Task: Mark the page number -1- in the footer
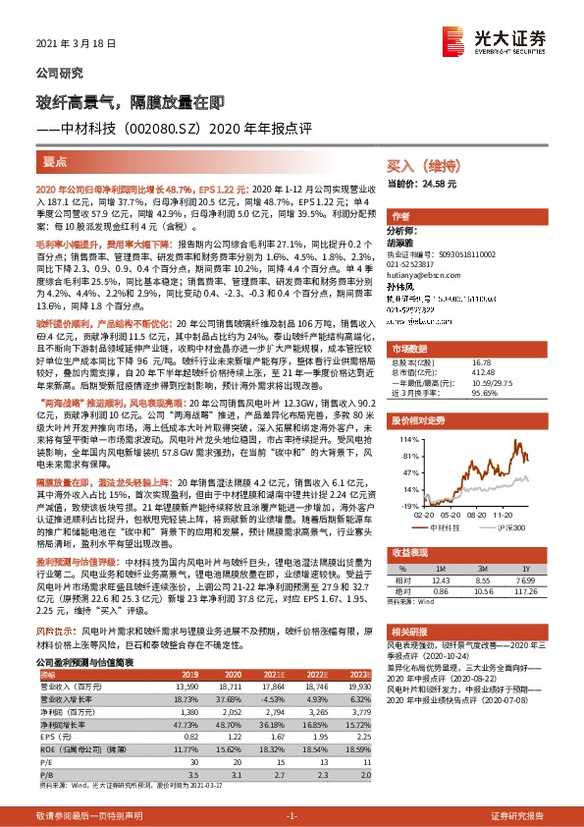(291, 816)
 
